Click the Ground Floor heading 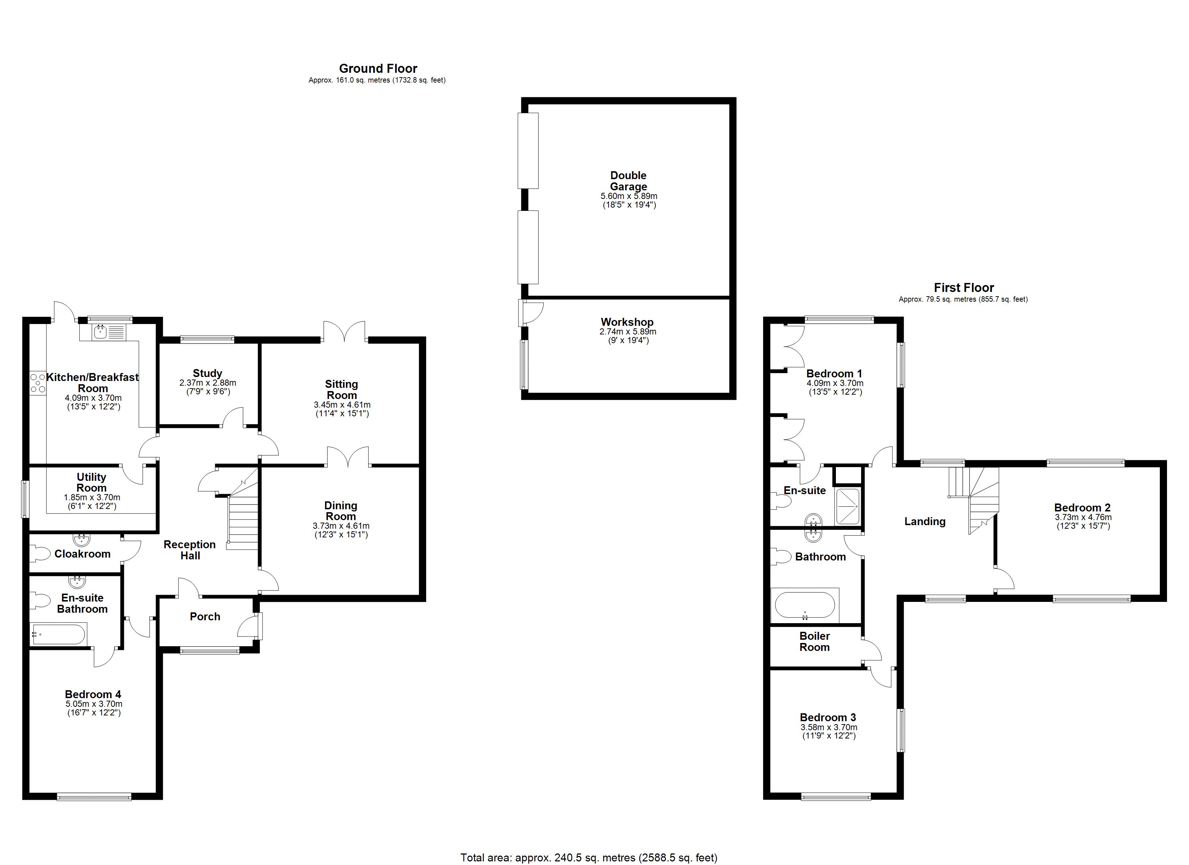click(x=378, y=69)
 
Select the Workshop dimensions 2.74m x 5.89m click(x=628, y=332)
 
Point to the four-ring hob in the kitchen click(x=38, y=383)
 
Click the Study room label click(x=207, y=373)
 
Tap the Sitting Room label click(x=341, y=390)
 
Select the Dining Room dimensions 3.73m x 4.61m click(x=341, y=526)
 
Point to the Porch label click(x=205, y=617)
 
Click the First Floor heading click(x=963, y=288)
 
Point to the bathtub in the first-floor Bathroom click(x=805, y=605)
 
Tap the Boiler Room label click(x=814, y=642)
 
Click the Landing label click(x=925, y=522)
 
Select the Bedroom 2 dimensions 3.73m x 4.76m click(x=1083, y=517)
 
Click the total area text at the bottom click(x=589, y=858)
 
